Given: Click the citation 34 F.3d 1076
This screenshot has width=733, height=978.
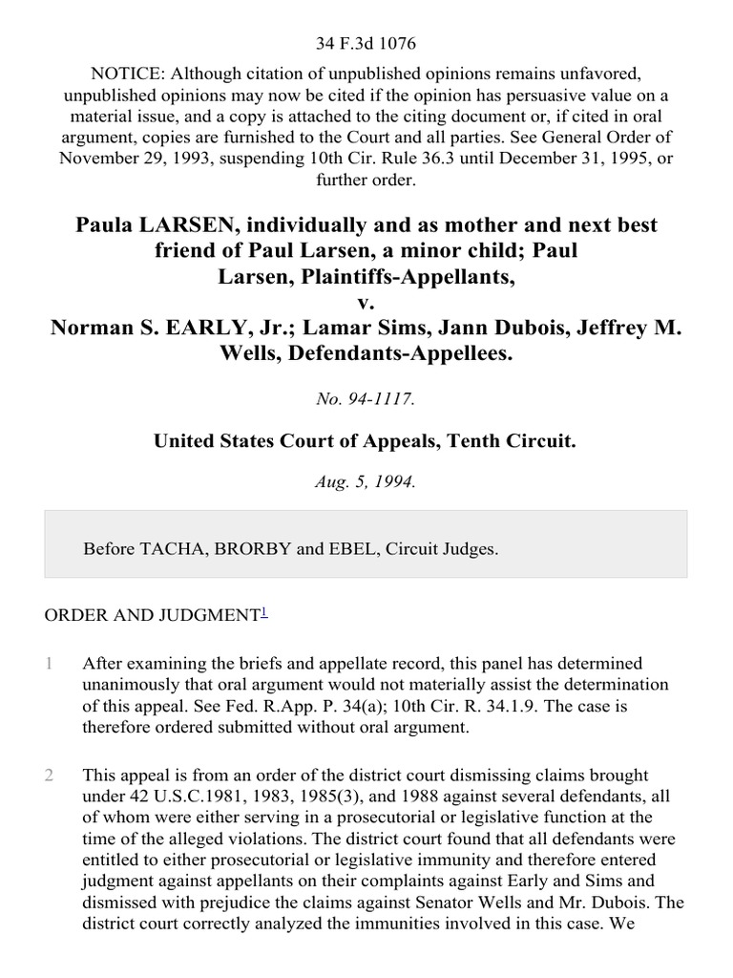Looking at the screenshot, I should click(x=366, y=44).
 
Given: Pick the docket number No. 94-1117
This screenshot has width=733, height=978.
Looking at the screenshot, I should click(x=366, y=400).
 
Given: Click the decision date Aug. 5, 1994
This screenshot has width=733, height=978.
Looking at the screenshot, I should click(x=366, y=482).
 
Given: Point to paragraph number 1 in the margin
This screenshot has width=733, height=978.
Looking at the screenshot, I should click(x=49, y=663).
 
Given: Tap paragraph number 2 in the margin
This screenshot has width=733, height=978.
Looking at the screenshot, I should click(x=49, y=776).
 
